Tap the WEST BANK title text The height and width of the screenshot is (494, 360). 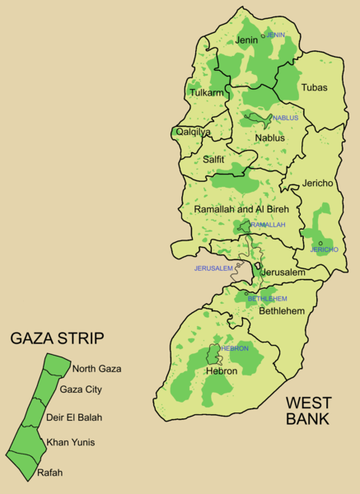pyautogui.click(x=308, y=410)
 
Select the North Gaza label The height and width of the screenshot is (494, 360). pyautogui.click(x=96, y=368)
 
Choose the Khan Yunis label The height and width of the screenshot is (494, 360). pyautogui.click(x=70, y=442)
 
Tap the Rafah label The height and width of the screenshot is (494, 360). pyautogui.click(x=49, y=473)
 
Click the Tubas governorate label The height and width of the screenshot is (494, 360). pyautogui.click(x=314, y=86)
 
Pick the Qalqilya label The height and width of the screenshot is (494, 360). pyautogui.click(x=194, y=132)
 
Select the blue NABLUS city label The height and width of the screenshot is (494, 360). pyautogui.click(x=285, y=118)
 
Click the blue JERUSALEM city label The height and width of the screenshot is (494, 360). pyautogui.click(x=213, y=268)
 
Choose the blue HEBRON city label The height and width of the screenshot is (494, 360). pyautogui.click(x=234, y=348)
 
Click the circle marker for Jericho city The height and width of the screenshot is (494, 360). pyautogui.click(x=320, y=243)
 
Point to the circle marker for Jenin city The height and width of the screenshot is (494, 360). pyautogui.click(x=264, y=35)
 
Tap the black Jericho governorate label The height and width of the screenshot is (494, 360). pyautogui.click(x=317, y=184)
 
